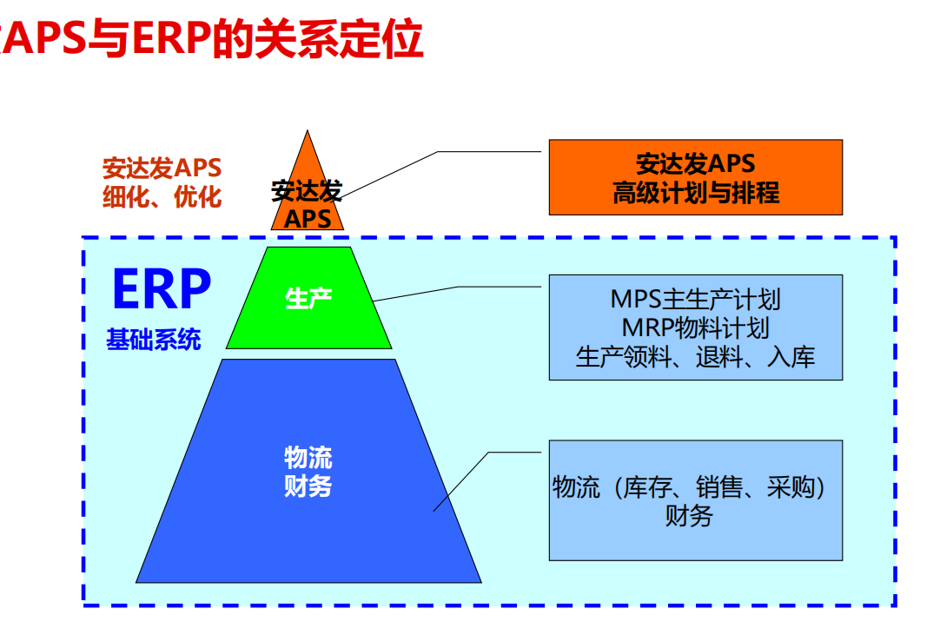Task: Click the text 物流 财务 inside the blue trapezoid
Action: point(308,472)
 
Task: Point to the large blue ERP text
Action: point(162,289)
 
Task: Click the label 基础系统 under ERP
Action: point(154,339)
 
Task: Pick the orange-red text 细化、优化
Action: point(162,197)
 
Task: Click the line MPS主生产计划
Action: point(695,300)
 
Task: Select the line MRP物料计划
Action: point(695,327)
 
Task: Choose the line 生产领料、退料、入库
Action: point(695,356)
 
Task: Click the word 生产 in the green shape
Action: point(308,300)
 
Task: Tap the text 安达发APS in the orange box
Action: point(695,163)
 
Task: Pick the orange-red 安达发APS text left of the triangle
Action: point(162,168)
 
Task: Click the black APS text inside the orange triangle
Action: point(308,219)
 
